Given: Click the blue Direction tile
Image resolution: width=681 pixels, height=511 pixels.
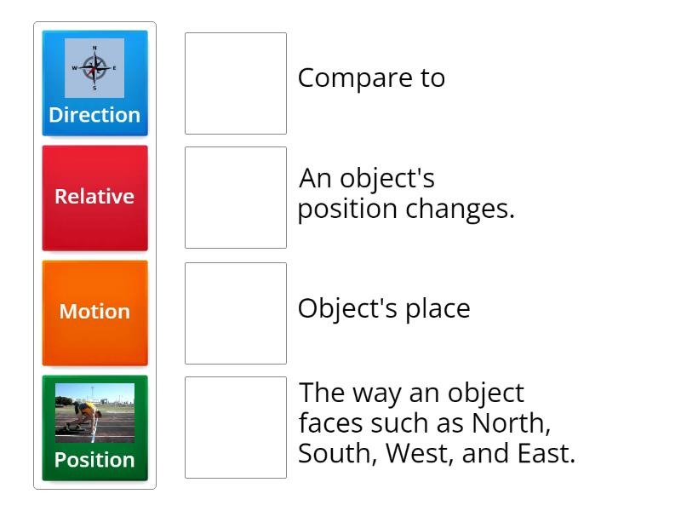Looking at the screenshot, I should [94, 83].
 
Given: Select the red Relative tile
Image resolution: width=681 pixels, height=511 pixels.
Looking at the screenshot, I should [94, 197].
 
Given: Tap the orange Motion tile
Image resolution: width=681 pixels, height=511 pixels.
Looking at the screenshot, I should [94, 312].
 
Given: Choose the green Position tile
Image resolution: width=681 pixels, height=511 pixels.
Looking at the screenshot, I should [94, 428].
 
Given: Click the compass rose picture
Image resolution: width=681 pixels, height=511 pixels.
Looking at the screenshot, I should [94, 67].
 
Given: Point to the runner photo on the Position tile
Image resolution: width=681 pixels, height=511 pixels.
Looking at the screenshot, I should [94, 413].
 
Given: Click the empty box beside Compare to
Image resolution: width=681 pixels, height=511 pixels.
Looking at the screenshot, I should [236, 83].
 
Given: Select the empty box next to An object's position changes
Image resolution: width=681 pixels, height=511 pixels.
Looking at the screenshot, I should [236, 198].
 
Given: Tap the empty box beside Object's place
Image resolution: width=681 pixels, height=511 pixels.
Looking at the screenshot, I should [236, 313].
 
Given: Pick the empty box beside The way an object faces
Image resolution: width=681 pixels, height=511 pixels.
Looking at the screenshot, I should [236, 428].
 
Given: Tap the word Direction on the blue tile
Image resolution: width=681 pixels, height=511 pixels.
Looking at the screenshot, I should [94, 115].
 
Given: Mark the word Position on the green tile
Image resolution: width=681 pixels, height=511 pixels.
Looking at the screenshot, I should [94, 460].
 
